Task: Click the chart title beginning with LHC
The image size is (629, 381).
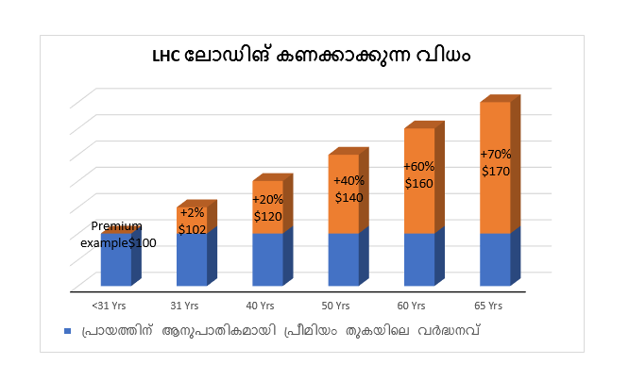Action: point(312,56)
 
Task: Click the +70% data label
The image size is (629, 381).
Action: point(496,155)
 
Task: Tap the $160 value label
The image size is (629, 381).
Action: point(418,183)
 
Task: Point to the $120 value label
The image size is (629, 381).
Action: point(267,215)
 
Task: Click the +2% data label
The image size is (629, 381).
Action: point(191,213)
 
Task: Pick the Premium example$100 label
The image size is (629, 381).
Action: point(118,235)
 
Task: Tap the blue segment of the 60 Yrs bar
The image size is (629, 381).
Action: point(419,259)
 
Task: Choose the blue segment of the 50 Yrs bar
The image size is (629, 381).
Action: point(344,259)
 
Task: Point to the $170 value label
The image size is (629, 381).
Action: point(496,172)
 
